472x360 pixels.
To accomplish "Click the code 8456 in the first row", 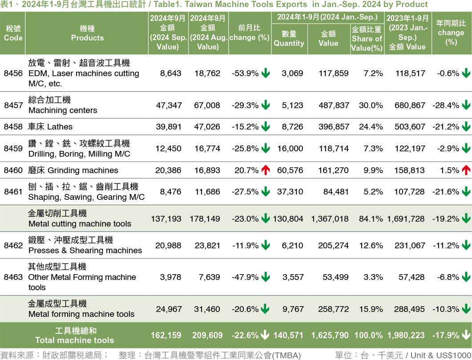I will [13, 73].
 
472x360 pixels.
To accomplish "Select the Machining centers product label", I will [62, 110].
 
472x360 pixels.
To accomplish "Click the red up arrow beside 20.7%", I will [266, 170].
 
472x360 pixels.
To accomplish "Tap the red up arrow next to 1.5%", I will [466, 170].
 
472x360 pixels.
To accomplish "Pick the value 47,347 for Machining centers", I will [169, 105].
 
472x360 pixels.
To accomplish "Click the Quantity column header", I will [289, 39].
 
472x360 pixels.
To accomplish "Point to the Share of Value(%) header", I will [367, 39].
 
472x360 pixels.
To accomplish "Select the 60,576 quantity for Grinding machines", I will [290, 170].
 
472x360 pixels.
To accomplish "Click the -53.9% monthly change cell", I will [245, 73].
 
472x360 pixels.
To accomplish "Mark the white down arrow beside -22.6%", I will [266, 335].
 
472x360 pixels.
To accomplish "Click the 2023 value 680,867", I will [409, 105].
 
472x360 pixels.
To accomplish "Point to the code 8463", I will [13, 277].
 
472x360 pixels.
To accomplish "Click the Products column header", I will [87, 33].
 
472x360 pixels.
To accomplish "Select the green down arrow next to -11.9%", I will [266, 245].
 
